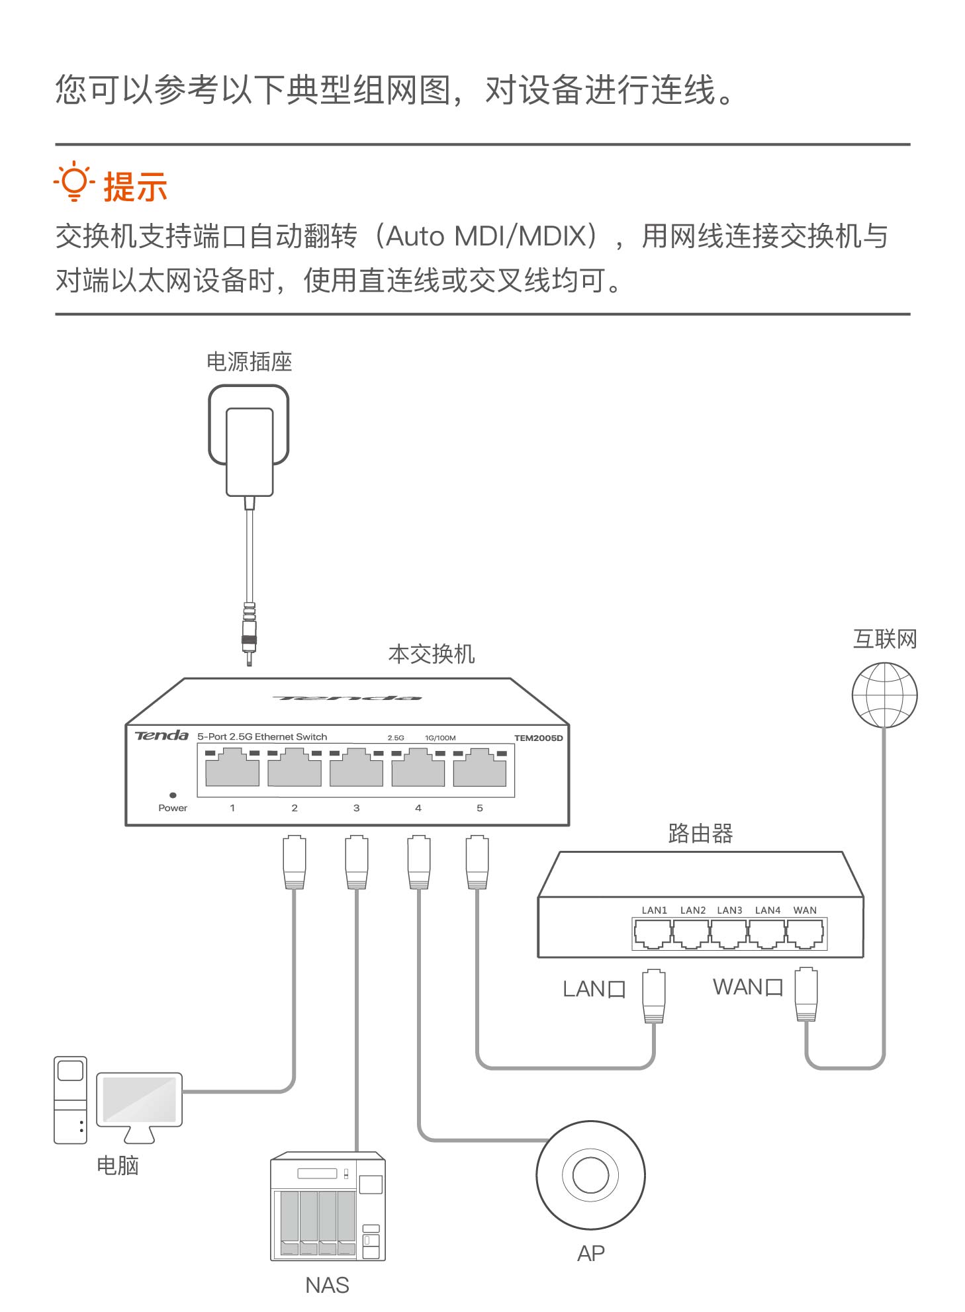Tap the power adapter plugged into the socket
(250, 451)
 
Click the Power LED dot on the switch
(173, 795)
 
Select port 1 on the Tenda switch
(232, 768)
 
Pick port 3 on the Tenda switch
(356, 768)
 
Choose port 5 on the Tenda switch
(480, 768)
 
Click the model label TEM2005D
(538, 738)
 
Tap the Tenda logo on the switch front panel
(161, 736)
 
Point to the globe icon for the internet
(884, 695)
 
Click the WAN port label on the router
(805, 910)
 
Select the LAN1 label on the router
(654, 910)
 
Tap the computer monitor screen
(139, 1099)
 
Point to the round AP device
(590, 1175)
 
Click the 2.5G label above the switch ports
(396, 738)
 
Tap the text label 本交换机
(432, 654)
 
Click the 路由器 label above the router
(700, 834)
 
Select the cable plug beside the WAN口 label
(806, 994)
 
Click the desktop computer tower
(70, 1100)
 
